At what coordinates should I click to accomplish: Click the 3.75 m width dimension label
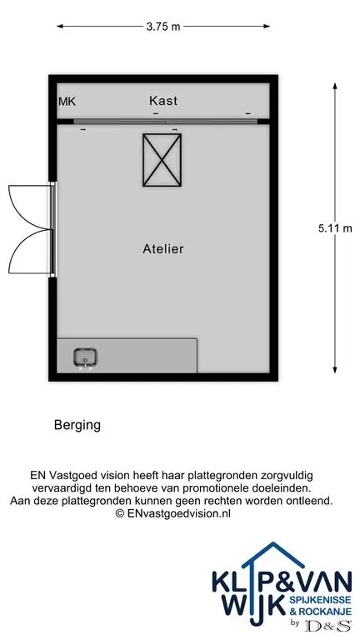tap(162, 27)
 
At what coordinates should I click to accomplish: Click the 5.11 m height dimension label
tap(335, 228)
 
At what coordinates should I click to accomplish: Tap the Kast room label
tap(163, 100)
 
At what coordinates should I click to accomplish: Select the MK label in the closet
tap(67, 102)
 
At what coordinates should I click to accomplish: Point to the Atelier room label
tap(162, 248)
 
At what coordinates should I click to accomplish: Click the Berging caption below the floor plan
tap(77, 425)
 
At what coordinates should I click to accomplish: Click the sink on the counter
tap(85, 358)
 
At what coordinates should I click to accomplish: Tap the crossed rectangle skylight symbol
tap(162, 160)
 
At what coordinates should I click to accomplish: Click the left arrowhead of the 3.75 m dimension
tap(60, 27)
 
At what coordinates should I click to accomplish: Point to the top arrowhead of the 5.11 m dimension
tap(335, 86)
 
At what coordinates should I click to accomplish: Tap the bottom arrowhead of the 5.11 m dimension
tap(335, 369)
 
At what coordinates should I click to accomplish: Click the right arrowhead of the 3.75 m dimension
tap(267, 27)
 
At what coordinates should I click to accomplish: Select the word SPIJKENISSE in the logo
tap(320, 600)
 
